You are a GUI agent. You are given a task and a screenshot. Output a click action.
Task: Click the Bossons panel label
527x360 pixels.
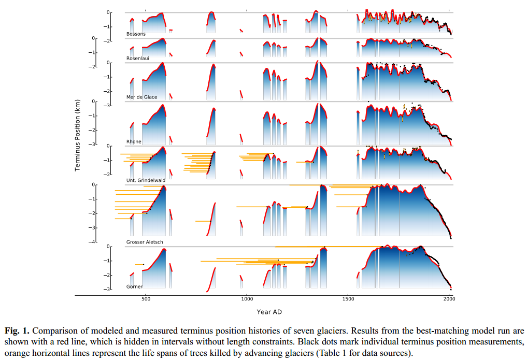[x=136, y=34]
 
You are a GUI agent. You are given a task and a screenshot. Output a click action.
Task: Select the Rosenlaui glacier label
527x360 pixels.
[x=138, y=58]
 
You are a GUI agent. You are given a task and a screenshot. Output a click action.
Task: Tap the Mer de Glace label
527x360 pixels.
[x=141, y=97]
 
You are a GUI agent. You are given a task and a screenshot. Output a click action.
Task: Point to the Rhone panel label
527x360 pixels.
[x=134, y=141]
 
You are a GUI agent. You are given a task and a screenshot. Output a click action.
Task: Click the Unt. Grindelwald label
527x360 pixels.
[x=146, y=180]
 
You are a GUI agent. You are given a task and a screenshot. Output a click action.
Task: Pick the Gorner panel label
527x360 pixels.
[x=134, y=286]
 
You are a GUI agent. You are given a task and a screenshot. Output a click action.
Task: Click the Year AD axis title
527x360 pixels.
[x=269, y=312]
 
